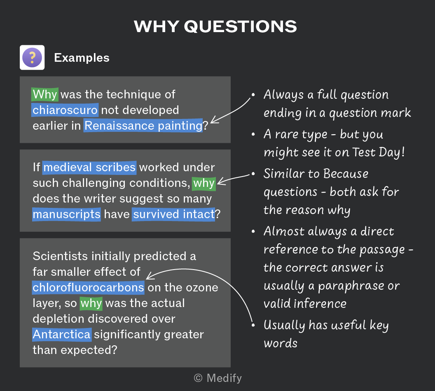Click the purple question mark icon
32,57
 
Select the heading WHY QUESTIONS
215,27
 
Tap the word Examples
82,58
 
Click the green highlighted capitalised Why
45,94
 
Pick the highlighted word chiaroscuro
65,110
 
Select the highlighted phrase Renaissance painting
143,126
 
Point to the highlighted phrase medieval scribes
89,168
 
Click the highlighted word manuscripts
67,214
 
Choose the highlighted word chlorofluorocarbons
88,288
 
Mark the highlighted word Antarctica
62,335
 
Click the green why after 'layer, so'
91,303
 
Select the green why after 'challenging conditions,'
204,183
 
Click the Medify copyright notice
218,378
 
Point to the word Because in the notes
346,174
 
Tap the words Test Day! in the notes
379,152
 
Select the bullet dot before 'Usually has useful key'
253,325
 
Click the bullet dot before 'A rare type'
253,135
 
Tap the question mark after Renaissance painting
206,126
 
